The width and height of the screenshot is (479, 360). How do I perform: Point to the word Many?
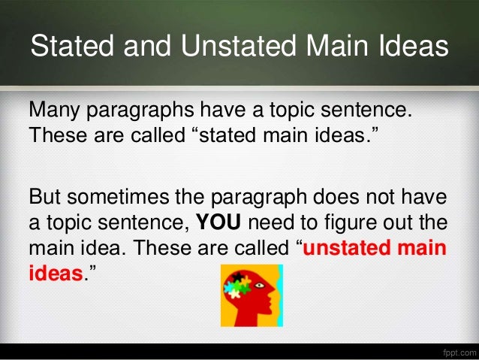tap(56, 113)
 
